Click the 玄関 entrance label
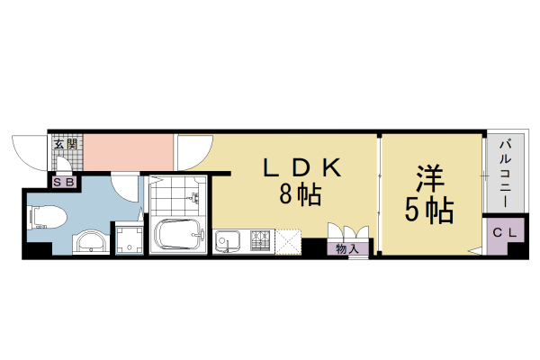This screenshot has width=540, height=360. [x=66, y=143]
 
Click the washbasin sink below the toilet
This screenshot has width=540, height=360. [x=89, y=241]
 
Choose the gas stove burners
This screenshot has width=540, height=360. [x=260, y=240]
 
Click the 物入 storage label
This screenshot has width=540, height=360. [x=347, y=248]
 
